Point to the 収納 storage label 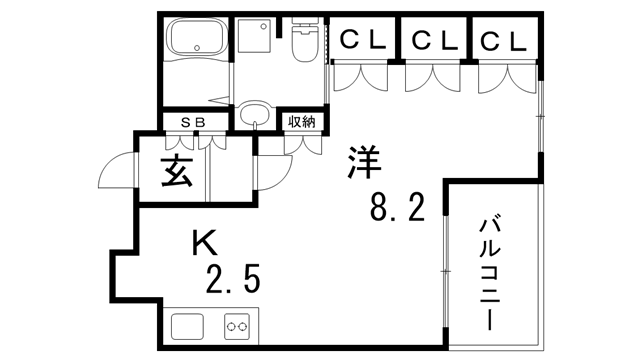point(301,122)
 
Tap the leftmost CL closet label point(364,41)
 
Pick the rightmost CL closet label point(503,41)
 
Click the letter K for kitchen point(204,242)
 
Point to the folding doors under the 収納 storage point(300,143)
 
